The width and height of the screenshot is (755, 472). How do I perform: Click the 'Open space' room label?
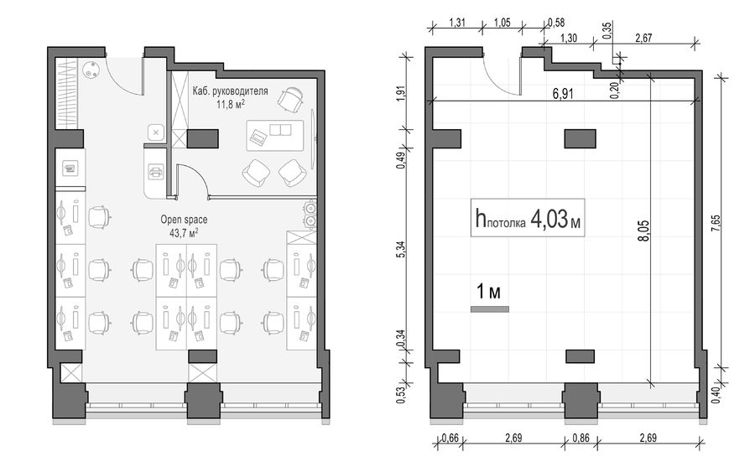(184, 220)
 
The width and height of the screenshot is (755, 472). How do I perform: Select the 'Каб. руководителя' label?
(230, 91)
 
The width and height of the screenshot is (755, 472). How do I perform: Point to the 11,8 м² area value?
(230, 104)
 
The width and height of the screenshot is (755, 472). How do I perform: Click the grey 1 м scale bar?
(490, 309)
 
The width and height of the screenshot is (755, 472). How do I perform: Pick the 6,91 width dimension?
(563, 93)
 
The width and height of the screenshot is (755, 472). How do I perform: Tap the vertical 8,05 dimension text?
(645, 231)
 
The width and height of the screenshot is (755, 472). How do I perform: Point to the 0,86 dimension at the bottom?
(581, 438)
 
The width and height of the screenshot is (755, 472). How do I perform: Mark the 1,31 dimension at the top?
(457, 23)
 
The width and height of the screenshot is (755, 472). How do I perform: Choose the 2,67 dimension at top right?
(643, 39)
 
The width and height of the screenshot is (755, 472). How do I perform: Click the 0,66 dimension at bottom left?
(450, 438)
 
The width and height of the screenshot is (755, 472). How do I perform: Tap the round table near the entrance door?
(91, 70)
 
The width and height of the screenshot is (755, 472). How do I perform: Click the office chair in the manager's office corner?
(291, 99)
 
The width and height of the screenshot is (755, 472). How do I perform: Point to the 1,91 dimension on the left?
(401, 92)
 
